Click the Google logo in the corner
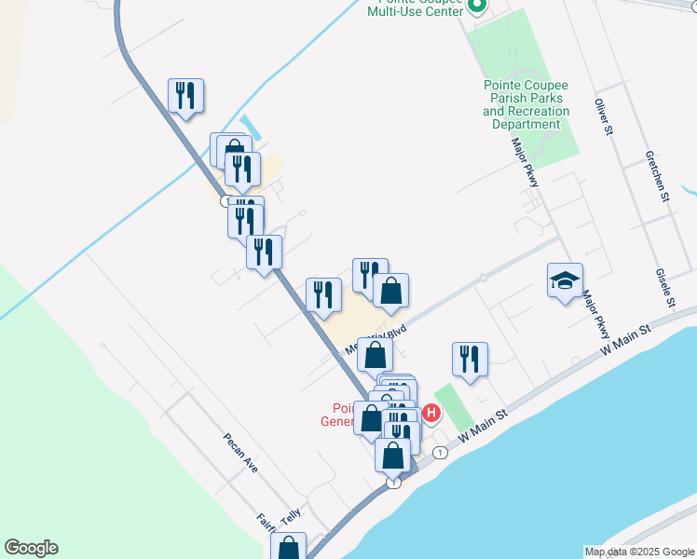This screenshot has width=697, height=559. [31, 548]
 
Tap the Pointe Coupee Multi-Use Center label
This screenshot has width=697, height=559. [415, 7]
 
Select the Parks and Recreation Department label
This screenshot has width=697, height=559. [526, 105]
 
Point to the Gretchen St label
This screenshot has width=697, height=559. [657, 177]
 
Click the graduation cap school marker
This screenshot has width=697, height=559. [565, 280]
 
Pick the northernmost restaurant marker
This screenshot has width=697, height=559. [186, 95]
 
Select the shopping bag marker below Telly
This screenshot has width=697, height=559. [289, 549]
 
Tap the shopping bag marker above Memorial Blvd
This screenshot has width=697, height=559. [391, 291]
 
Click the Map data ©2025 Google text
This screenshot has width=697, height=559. [638, 552]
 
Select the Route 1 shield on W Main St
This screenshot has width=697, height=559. [440, 453]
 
